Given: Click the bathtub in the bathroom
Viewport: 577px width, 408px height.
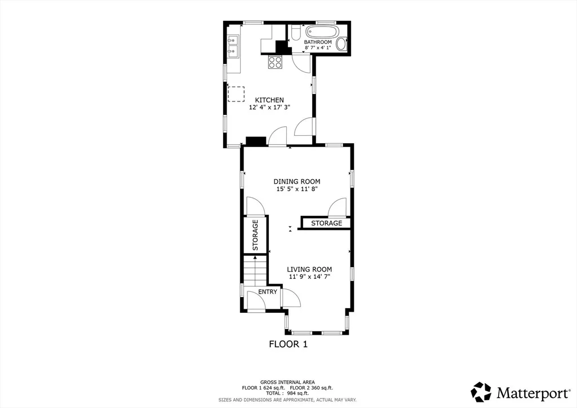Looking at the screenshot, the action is (321, 32).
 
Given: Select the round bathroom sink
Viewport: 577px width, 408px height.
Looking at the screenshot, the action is (342, 44).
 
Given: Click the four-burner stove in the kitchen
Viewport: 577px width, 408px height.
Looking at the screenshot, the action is (275, 62).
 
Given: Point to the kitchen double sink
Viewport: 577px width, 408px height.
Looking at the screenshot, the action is (233, 46).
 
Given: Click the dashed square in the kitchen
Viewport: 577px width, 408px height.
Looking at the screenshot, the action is (236, 94).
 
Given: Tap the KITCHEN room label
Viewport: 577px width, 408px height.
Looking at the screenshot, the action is (269, 100).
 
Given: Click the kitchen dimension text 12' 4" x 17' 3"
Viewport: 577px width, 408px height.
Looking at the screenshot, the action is (269, 108).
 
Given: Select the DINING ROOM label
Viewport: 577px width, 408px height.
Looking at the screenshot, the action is (296, 181).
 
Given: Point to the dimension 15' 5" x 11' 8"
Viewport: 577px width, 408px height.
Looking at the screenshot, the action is (296, 189).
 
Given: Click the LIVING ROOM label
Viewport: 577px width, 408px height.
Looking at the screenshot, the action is (309, 269).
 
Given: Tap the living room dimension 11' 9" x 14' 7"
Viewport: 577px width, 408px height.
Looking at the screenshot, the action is (309, 277).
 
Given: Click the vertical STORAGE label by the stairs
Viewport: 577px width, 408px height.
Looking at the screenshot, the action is (255, 235).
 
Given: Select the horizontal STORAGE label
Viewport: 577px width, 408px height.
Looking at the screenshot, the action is (326, 223).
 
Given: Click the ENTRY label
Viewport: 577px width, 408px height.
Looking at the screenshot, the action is (268, 292).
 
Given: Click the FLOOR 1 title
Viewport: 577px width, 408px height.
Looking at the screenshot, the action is (288, 344).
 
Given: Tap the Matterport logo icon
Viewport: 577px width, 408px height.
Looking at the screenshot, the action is (481, 392).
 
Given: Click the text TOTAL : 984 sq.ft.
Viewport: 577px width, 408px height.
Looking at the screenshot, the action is (287, 393).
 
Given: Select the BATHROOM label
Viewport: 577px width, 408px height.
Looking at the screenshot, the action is (318, 42).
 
